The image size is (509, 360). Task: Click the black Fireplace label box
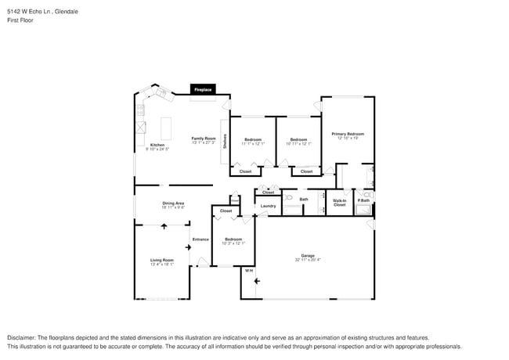coord(203,90)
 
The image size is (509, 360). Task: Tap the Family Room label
coord(203,139)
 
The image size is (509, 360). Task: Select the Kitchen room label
coord(157,145)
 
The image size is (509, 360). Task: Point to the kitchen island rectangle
coord(166,128)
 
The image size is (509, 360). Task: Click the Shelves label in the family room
coord(225,142)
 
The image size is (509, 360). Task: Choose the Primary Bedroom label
coord(347,134)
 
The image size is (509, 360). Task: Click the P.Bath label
coord(364,201)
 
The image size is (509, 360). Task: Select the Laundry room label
coord(268,206)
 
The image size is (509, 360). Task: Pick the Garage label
coord(308,256)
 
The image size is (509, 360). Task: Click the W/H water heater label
coord(249,271)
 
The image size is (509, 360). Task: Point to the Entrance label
coord(200,239)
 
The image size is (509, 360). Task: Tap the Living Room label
coord(162,260)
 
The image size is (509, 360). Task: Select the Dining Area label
coord(172,203)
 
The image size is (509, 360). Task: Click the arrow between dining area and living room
coord(164,226)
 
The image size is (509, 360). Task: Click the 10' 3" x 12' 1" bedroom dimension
coord(234,243)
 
